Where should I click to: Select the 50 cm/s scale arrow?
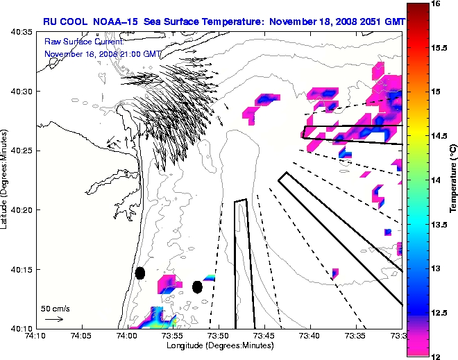pyautogui.click(x=53, y=319)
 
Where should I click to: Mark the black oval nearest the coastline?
pyautogui.click(x=139, y=273)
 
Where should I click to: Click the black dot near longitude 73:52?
pyautogui.click(x=197, y=286)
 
